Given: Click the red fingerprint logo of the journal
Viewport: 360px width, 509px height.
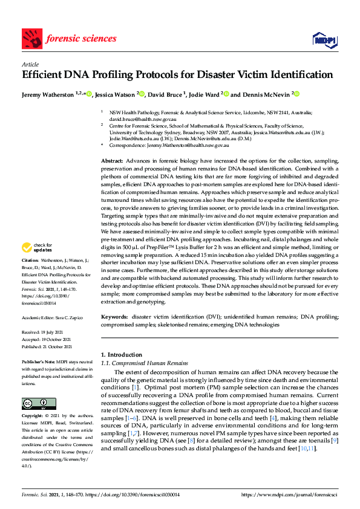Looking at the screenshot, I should point(31,39).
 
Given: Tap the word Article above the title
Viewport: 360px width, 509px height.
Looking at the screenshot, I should point(30,64).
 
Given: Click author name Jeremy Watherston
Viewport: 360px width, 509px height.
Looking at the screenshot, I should point(48,94).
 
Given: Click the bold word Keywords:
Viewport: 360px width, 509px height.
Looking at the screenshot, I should point(114,316).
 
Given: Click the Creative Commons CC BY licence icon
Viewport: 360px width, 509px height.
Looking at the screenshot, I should point(39,403).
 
